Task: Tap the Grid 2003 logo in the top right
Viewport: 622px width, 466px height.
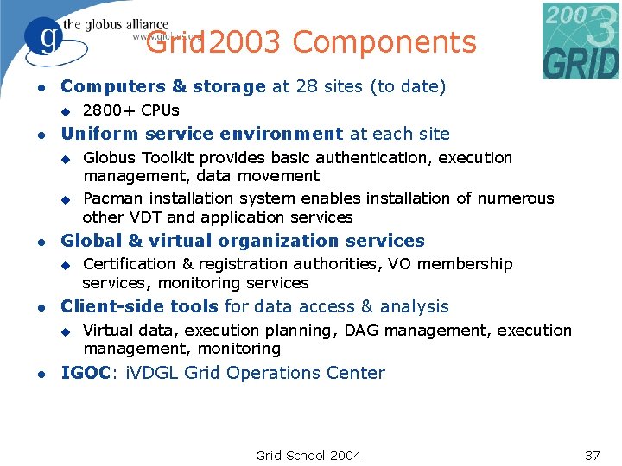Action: point(581,40)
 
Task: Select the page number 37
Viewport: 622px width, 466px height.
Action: point(592,456)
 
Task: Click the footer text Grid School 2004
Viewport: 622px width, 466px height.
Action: point(308,456)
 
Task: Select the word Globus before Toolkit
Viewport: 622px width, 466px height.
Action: point(109,158)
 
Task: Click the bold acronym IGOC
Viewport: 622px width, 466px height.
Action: point(86,373)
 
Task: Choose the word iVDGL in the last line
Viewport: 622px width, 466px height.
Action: point(153,373)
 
